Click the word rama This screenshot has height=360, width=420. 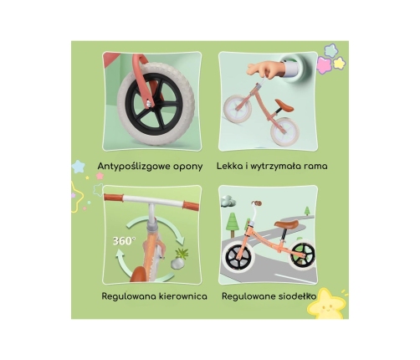(x=315, y=167)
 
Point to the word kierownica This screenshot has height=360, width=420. (x=183, y=296)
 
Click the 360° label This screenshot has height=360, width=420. (x=124, y=241)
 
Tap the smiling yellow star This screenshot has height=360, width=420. (x=326, y=304)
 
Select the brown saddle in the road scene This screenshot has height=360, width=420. (x=286, y=224)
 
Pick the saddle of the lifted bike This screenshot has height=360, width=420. (x=284, y=105)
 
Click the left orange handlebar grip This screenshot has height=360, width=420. (x=114, y=198)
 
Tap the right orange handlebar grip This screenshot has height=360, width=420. (x=191, y=205)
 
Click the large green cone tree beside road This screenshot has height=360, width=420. (x=232, y=224)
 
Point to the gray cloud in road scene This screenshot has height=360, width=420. (x=228, y=201)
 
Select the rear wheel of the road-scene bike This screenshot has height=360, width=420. (x=302, y=256)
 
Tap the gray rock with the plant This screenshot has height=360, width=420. (x=177, y=263)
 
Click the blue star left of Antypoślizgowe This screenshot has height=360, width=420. (x=79, y=167)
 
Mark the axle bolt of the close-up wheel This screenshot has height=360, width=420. (x=150, y=105)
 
